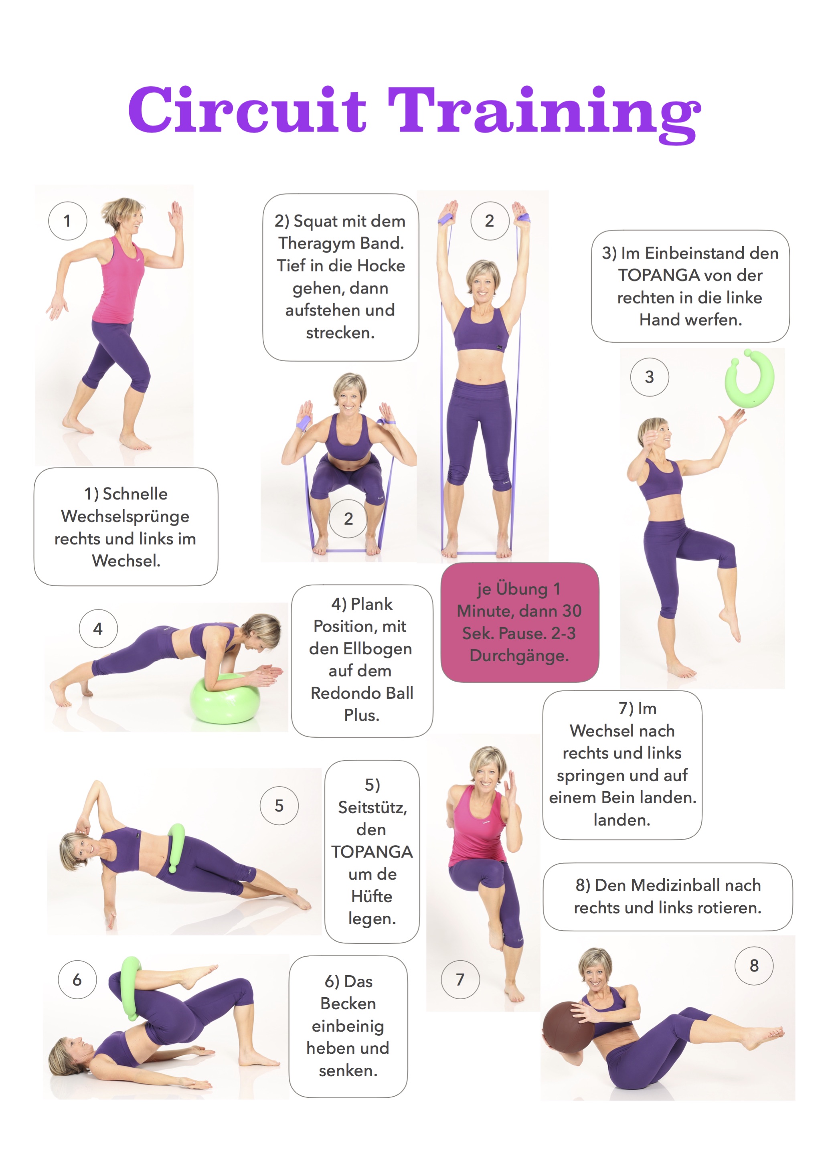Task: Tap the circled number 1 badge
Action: click(67, 221)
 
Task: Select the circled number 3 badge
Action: click(649, 377)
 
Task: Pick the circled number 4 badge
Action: click(98, 628)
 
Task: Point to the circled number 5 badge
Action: click(279, 806)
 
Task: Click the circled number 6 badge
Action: click(77, 980)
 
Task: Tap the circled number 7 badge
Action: click(460, 980)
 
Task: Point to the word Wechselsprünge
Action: click(125, 516)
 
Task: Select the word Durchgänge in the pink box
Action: click(519, 656)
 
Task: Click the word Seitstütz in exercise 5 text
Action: click(372, 808)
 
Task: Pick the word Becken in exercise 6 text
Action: click(348, 1004)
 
